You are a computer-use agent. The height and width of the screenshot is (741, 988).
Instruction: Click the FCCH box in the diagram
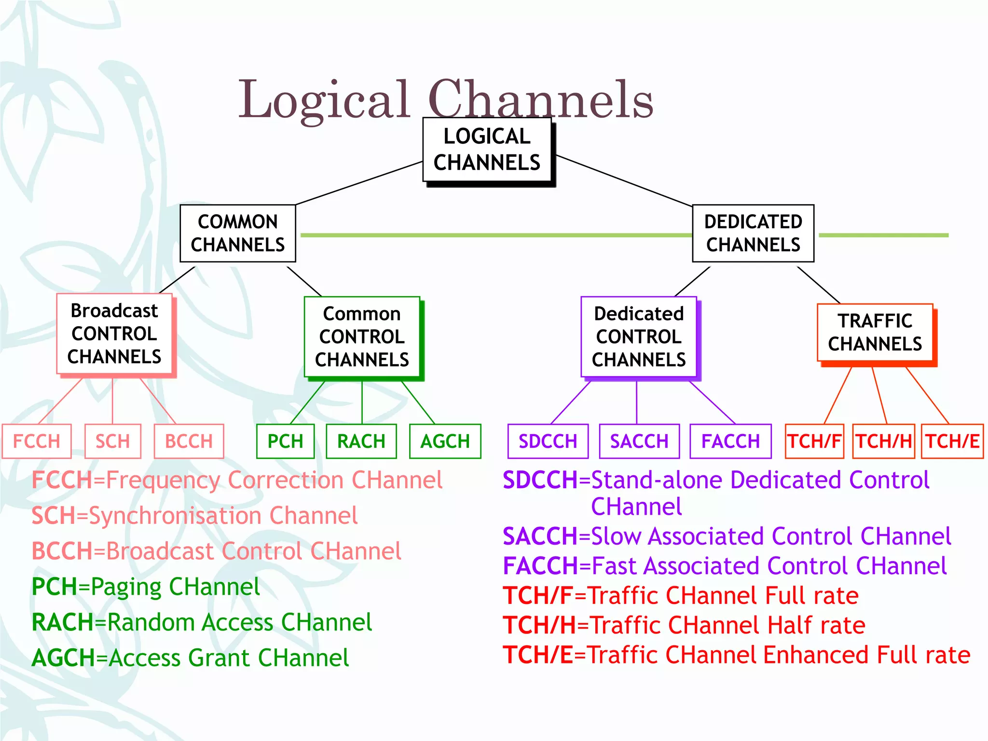click(37, 441)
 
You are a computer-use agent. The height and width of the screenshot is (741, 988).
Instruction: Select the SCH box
click(112, 441)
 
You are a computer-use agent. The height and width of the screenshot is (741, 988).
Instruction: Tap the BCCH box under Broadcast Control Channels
click(189, 441)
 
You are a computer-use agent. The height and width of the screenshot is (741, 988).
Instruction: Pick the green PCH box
click(285, 441)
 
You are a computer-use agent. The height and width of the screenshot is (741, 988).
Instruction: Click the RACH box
click(361, 441)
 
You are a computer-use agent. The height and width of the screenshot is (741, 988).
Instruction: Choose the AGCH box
click(445, 441)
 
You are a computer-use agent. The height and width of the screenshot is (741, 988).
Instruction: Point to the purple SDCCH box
click(548, 441)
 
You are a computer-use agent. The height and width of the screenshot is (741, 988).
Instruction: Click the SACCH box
click(639, 441)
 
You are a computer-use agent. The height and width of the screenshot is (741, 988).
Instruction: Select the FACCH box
click(730, 441)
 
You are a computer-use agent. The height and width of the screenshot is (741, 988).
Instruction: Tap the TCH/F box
click(814, 441)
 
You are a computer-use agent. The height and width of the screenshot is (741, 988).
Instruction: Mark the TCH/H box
click(883, 441)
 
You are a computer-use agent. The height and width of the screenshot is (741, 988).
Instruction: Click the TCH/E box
click(952, 441)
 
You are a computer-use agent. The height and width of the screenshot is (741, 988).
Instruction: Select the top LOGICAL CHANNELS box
click(487, 150)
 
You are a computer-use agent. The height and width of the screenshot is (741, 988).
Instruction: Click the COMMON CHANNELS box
click(237, 233)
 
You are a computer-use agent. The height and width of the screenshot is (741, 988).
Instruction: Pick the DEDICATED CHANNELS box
click(753, 233)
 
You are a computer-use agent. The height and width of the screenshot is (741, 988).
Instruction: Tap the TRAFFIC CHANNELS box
click(875, 332)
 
